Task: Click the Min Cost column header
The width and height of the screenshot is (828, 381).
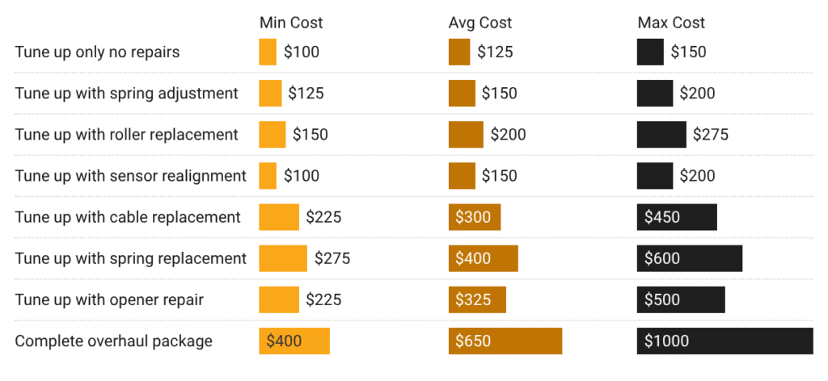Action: coord(291,23)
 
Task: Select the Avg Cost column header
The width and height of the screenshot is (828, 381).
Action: coord(480,23)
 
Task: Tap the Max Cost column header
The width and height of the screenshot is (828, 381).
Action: coord(671,23)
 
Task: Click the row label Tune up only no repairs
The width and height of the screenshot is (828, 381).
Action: coord(97,52)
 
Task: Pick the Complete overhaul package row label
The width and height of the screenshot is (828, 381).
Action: coord(113,341)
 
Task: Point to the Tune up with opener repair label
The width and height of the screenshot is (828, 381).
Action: coord(109,299)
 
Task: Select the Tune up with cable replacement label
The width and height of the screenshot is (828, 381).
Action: coord(128,217)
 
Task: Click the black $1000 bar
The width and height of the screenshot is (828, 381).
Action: coord(724,341)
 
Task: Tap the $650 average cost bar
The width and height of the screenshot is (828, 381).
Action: coord(505,341)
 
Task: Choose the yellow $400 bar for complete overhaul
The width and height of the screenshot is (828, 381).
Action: coord(294,341)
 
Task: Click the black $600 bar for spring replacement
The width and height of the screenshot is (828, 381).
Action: coord(689,258)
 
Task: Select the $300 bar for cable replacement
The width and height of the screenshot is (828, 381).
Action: coord(475,217)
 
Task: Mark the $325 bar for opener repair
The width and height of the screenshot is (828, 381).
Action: coord(477,299)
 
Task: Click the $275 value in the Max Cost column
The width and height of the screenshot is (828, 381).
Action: coord(710,135)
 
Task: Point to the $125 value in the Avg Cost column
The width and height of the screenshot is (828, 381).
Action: coord(495,52)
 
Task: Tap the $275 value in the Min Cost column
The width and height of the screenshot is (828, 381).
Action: coord(332,258)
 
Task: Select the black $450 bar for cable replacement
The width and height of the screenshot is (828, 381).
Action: coord(677,217)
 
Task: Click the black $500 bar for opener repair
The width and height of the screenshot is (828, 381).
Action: coord(681,299)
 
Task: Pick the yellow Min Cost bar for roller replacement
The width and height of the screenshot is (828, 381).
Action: coord(272,135)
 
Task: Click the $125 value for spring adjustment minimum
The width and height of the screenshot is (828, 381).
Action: coord(306,94)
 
